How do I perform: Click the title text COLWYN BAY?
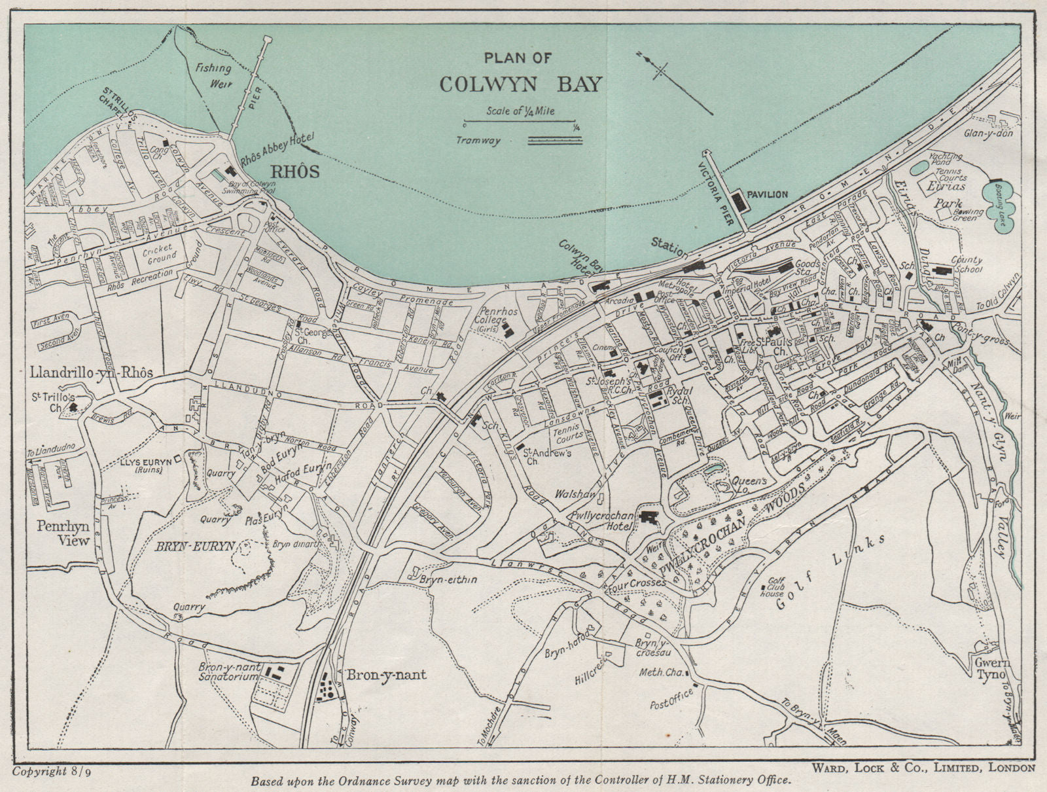(520, 84)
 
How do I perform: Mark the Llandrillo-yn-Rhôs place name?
(91, 372)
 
